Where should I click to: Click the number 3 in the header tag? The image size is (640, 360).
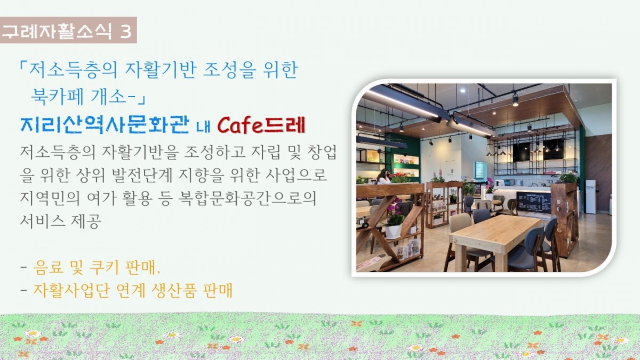(x=126, y=31)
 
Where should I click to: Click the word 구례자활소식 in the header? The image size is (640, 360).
(x=57, y=31)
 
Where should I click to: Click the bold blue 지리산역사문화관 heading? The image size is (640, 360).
(x=105, y=125)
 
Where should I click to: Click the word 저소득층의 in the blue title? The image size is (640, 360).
(x=73, y=70)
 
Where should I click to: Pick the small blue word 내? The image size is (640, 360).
(x=203, y=127)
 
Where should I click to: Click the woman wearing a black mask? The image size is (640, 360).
(x=383, y=177)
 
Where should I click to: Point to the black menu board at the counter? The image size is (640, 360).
(x=534, y=203)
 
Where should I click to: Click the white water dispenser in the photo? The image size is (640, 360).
(x=591, y=197)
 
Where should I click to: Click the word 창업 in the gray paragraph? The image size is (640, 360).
(x=322, y=153)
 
